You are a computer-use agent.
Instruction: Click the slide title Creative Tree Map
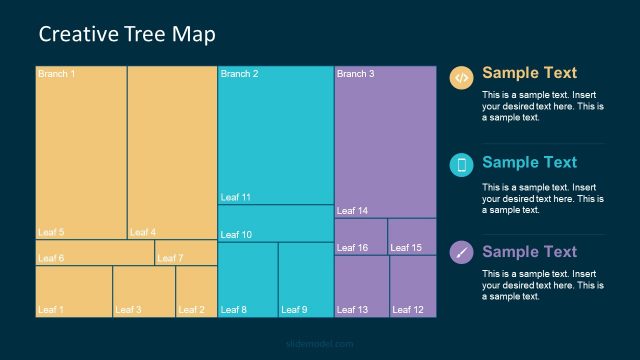click(x=127, y=34)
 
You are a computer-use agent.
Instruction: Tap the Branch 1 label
click(x=56, y=74)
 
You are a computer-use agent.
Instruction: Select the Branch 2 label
click(x=239, y=74)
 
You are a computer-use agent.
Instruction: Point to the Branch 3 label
click(x=355, y=74)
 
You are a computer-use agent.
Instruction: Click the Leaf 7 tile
click(x=186, y=253)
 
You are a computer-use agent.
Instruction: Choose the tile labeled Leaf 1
click(x=73, y=291)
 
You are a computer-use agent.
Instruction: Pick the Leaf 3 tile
click(x=144, y=291)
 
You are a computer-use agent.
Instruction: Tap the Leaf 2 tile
click(x=196, y=291)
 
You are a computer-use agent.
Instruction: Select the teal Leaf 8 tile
click(x=247, y=280)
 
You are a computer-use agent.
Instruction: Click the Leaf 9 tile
click(x=306, y=280)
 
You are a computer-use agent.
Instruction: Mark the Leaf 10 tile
click(x=275, y=223)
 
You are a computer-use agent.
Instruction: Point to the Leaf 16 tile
click(x=361, y=236)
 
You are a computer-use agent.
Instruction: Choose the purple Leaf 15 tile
click(x=412, y=236)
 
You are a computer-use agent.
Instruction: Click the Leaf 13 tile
click(x=361, y=286)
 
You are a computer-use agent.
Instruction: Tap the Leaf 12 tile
click(x=413, y=286)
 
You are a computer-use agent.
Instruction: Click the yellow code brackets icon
click(x=461, y=77)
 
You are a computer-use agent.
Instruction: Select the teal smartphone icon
click(x=461, y=165)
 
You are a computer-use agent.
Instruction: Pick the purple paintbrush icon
click(x=461, y=252)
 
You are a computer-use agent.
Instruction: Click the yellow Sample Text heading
click(x=529, y=73)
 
